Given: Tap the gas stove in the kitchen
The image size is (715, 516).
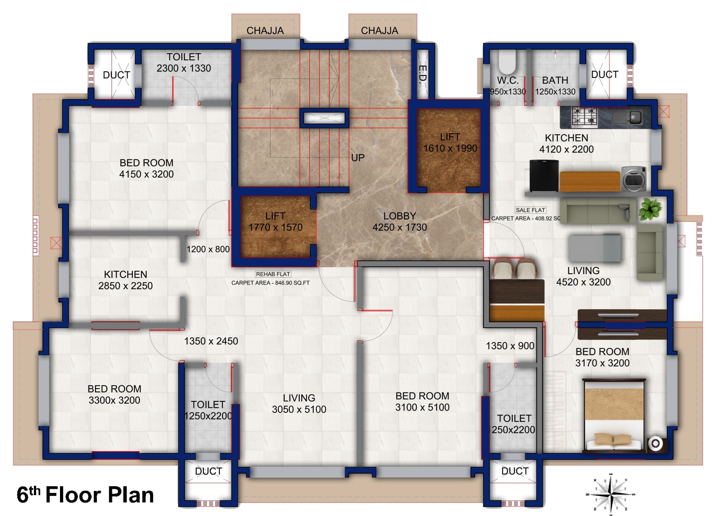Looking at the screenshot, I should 585,116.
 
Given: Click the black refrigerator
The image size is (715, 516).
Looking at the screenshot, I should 544,175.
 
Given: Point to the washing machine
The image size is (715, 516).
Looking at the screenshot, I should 635,179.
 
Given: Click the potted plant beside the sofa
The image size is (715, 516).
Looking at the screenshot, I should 651,209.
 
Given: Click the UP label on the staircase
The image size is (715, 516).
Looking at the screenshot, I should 357,158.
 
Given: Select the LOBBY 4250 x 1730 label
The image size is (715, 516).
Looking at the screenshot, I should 399,222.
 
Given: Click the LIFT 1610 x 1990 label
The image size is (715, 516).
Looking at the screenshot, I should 450,143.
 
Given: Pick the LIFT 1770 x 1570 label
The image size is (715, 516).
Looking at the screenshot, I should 275,222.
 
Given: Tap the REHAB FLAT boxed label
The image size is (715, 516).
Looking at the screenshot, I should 273,274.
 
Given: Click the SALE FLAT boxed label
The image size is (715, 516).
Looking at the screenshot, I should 530,210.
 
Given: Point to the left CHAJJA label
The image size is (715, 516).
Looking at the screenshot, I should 265,31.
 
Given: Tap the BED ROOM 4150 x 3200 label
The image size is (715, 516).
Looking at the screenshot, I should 146,168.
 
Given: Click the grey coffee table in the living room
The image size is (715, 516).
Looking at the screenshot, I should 594,248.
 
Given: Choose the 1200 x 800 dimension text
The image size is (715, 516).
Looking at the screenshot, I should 208,249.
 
